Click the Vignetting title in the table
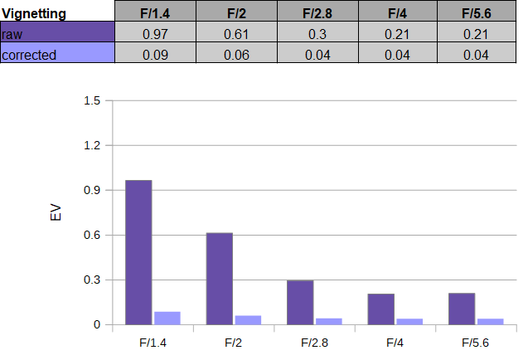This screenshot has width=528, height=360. point(34,14)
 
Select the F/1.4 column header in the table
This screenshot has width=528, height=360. point(155,13)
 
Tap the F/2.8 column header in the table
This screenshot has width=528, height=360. point(317,13)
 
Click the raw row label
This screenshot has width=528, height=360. point(12,34)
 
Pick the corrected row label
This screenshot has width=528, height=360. point(29,55)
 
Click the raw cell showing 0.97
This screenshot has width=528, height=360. point(155,34)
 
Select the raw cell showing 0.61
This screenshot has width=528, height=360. point(236,34)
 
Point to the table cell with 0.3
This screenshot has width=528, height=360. point(317,34)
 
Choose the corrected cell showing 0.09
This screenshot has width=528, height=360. point(155,55)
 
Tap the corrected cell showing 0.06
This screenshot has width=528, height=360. point(236,55)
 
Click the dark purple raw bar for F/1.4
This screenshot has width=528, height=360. point(138,252)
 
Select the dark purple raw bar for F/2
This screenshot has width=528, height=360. point(220,279)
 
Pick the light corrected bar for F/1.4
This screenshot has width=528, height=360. point(167,319)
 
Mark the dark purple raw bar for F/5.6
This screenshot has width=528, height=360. point(462,309)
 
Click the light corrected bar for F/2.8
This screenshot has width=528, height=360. point(329,322)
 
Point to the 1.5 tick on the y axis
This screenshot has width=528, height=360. point(92,100)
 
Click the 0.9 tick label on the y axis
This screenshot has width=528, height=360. point(92,190)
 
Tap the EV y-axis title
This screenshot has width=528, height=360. point(56,212)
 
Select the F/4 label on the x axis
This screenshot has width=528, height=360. point(395,343)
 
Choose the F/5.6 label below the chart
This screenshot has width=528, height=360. point(475,343)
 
